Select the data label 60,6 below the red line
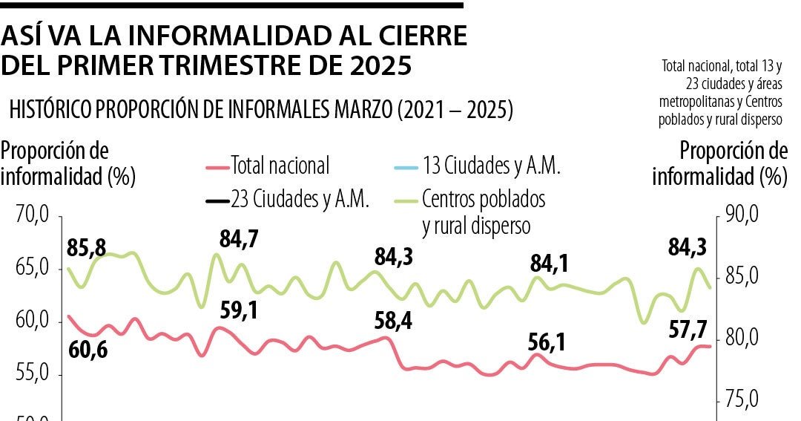[88, 348]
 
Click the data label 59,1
[239, 310]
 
